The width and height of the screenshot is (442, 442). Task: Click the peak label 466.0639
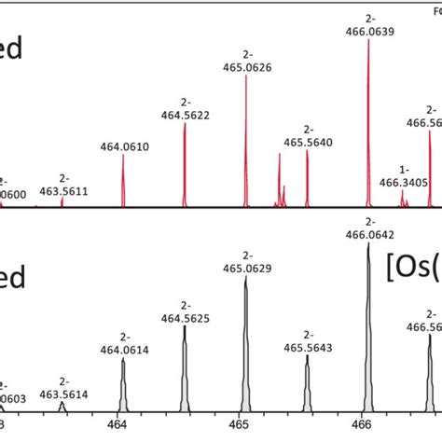point(367,31)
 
